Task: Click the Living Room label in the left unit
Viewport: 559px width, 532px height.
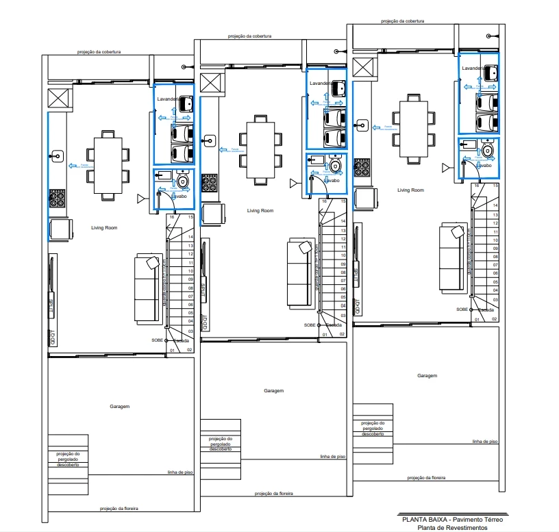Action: (x=105, y=227)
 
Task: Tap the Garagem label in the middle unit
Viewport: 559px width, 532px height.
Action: (x=273, y=390)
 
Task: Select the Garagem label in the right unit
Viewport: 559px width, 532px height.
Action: (x=427, y=375)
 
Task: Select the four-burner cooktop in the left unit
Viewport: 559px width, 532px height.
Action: (x=57, y=199)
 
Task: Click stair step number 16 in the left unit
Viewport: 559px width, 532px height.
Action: (x=172, y=217)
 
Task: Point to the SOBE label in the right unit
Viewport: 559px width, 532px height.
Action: (x=462, y=309)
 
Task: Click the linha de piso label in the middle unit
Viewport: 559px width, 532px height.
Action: (x=332, y=456)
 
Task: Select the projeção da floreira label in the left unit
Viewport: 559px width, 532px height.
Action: (x=119, y=509)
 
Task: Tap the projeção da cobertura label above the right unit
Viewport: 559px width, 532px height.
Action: (x=403, y=21)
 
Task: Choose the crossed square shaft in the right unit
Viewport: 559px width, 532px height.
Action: (x=365, y=68)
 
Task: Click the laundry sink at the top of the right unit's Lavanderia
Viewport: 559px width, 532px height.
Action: (x=490, y=72)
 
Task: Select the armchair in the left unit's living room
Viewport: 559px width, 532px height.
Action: (x=59, y=229)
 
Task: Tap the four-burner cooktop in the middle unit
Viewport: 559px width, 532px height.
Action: (x=210, y=183)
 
